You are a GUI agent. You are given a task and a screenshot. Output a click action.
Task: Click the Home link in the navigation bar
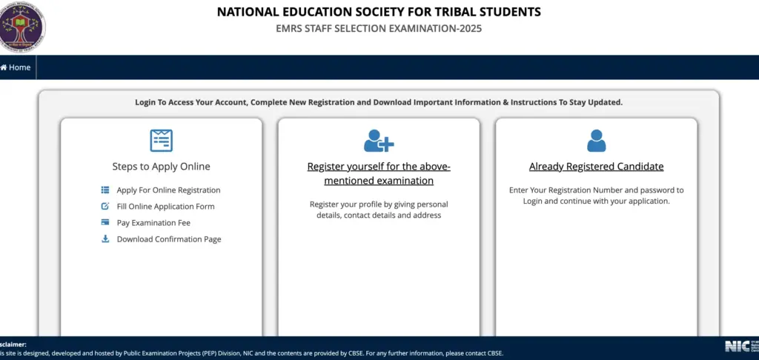tap(16, 67)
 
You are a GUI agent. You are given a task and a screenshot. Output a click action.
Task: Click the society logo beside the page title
tap(22, 26)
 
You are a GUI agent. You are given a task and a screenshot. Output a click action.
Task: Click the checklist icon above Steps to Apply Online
tap(161, 140)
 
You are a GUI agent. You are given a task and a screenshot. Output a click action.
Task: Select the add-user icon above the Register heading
tap(379, 140)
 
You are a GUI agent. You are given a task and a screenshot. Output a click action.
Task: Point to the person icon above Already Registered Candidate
tap(596, 140)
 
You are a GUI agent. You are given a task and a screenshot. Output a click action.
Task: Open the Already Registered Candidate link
tap(596, 167)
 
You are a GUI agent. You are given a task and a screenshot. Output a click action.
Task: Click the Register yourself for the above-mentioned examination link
tap(379, 173)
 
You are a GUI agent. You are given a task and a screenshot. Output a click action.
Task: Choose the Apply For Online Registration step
tap(168, 190)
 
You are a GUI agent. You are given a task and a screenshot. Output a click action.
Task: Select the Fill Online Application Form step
tap(165, 207)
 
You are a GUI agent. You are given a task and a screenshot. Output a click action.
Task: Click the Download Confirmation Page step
tap(169, 239)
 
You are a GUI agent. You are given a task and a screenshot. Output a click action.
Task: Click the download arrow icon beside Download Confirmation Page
tap(105, 239)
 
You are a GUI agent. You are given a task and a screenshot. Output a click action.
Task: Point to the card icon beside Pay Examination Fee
tap(105, 222)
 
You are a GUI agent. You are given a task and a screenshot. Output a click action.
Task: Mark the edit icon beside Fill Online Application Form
tap(105, 206)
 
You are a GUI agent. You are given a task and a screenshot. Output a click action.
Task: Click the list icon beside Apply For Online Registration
tap(105, 190)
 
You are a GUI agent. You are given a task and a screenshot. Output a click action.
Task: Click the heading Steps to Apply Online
tap(161, 167)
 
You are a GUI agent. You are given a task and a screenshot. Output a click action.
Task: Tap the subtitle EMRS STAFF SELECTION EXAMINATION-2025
tap(379, 29)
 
